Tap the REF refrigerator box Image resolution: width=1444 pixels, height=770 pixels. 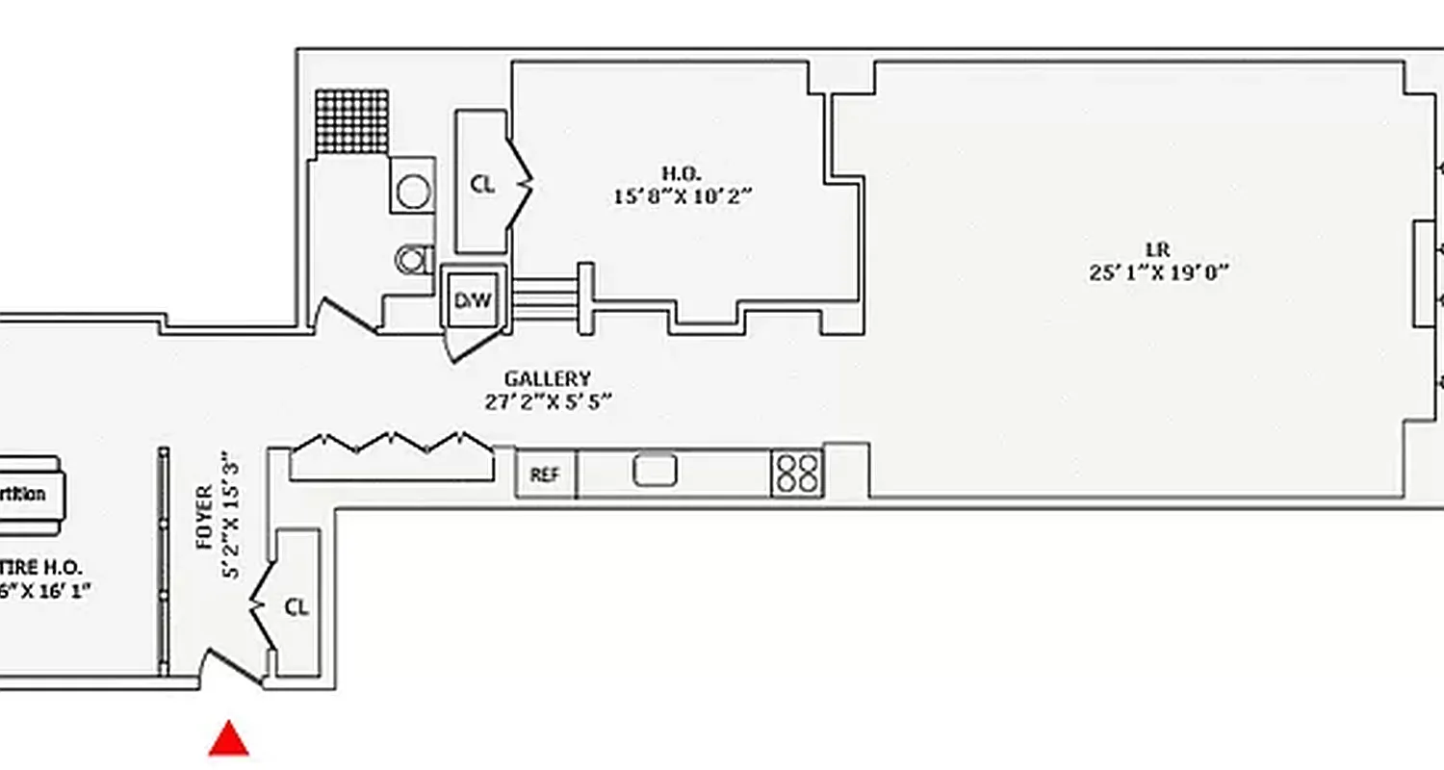click(x=545, y=475)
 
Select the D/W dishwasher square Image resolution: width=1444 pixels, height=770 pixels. click(x=472, y=300)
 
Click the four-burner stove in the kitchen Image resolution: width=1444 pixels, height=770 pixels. click(x=796, y=474)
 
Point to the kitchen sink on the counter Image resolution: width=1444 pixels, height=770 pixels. click(x=656, y=471)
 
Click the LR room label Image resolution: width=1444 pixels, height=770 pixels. click(x=1159, y=250)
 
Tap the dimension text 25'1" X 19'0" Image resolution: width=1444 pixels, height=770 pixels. click(x=1159, y=272)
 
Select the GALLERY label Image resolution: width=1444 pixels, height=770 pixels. click(x=548, y=379)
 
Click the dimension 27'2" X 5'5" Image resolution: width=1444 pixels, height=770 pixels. click(x=549, y=401)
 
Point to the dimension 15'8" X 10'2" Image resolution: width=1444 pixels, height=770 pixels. click(x=682, y=195)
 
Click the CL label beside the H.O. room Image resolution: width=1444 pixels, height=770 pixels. click(x=482, y=184)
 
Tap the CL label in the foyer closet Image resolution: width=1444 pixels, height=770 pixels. click(x=297, y=607)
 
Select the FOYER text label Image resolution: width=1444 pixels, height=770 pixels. click(x=204, y=518)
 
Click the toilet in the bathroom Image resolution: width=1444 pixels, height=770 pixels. click(x=414, y=258)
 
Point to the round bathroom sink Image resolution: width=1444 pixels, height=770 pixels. click(x=413, y=192)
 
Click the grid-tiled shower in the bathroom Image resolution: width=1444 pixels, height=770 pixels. click(x=352, y=121)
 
